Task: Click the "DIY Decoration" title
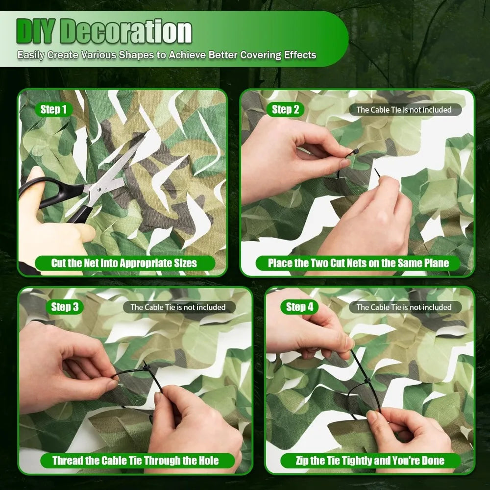click(x=104, y=31)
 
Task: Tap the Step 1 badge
click(x=54, y=109)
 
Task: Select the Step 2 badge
click(x=285, y=109)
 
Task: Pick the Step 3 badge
click(x=65, y=307)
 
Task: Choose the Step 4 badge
click(x=299, y=307)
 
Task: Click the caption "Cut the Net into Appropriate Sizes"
click(x=124, y=263)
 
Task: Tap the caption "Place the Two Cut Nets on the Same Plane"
click(x=358, y=263)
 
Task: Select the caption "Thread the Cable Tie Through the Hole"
click(x=136, y=461)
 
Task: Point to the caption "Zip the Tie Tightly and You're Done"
click(x=370, y=461)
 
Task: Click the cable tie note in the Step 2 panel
click(x=404, y=110)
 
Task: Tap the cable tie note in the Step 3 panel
click(x=178, y=307)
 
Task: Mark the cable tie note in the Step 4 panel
click(x=404, y=307)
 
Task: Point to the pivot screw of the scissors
click(x=99, y=189)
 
